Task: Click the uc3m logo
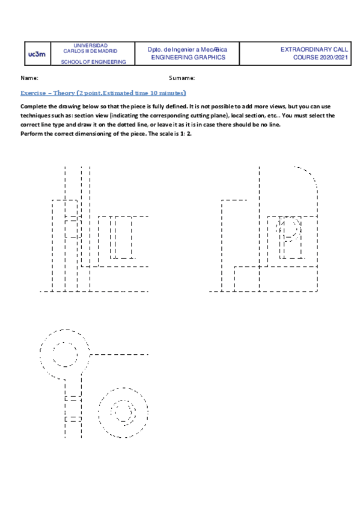pyautogui.click(x=37, y=54)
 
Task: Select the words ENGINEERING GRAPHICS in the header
pyautogui.click(x=188, y=58)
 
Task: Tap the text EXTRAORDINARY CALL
pyautogui.click(x=314, y=49)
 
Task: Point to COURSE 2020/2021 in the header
pyautogui.click(x=320, y=58)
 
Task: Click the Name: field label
pyautogui.click(x=29, y=78)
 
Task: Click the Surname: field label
pyautogui.click(x=182, y=78)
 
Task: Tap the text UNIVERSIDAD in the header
pyautogui.click(x=90, y=46)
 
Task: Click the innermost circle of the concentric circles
pyautogui.click(x=125, y=411)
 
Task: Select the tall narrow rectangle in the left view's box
pyautogui.click(x=111, y=238)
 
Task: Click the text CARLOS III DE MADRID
pyautogui.click(x=90, y=52)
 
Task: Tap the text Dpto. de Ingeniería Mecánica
pyautogui.click(x=188, y=49)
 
